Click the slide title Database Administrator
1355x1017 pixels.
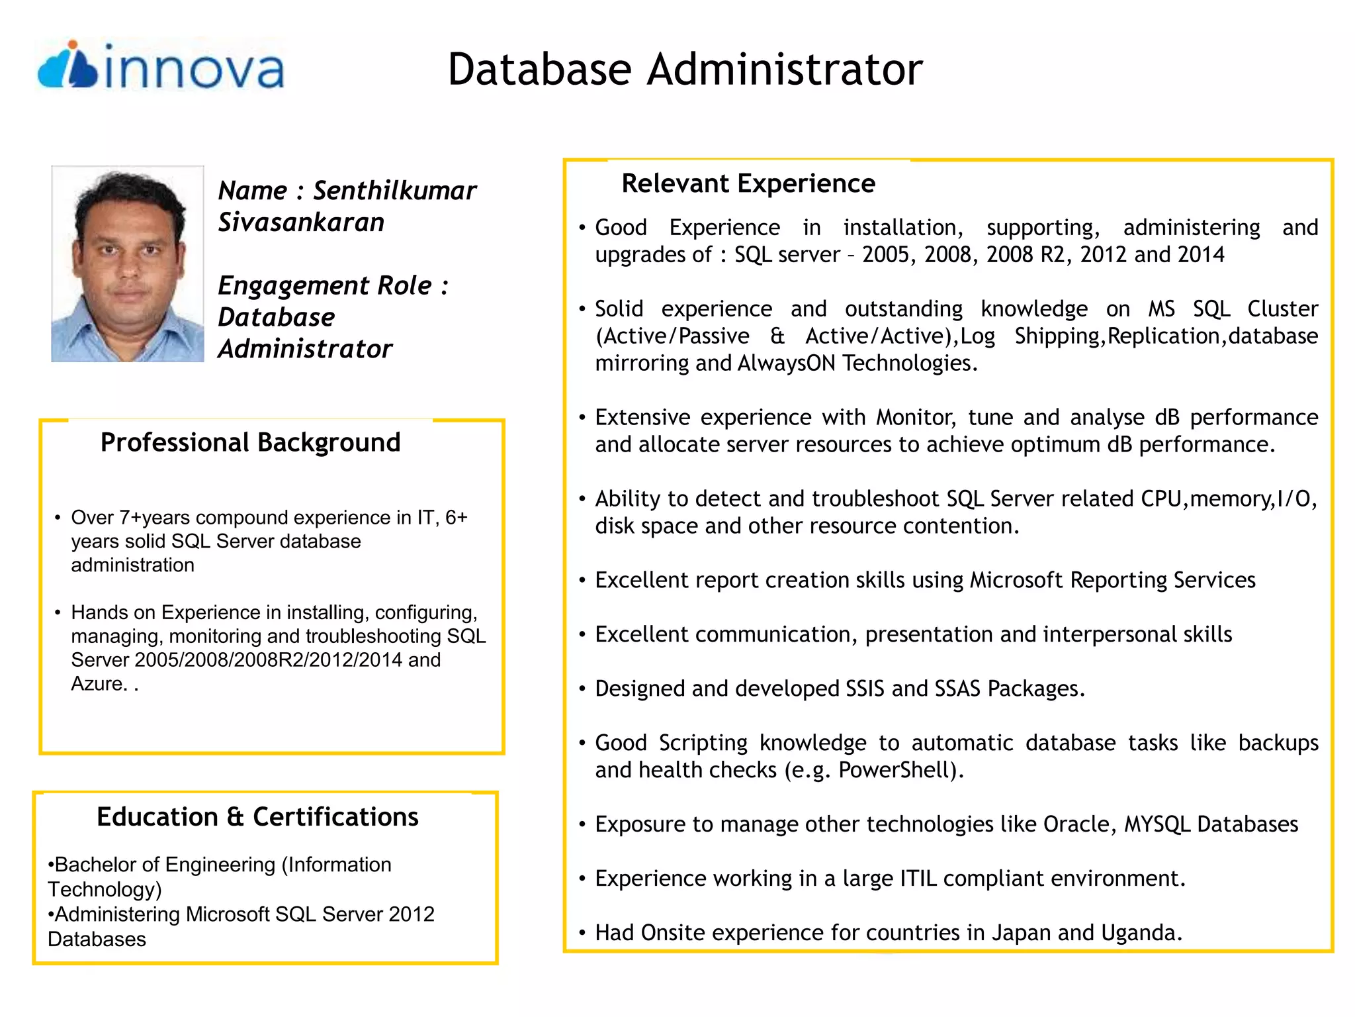[x=685, y=70]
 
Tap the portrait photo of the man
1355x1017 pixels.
[x=128, y=264]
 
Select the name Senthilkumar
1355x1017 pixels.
[x=394, y=191]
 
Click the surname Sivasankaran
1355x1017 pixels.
[x=301, y=222]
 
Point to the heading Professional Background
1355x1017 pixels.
[x=250, y=442]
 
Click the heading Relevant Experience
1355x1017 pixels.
[x=748, y=183]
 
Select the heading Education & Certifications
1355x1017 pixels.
[x=257, y=817]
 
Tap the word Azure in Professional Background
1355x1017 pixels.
[x=97, y=683]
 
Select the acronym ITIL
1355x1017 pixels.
[x=918, y=879]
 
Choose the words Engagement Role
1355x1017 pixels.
[x=325, y=286]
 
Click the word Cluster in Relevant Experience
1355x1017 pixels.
[x=1282, y=309]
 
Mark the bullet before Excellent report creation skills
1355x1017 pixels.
[x=582, y=581]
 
